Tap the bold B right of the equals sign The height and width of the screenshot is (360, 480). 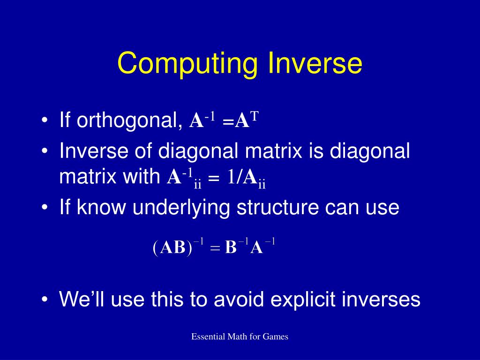click(231, 247)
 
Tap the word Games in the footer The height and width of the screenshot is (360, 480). click(275, 337)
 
